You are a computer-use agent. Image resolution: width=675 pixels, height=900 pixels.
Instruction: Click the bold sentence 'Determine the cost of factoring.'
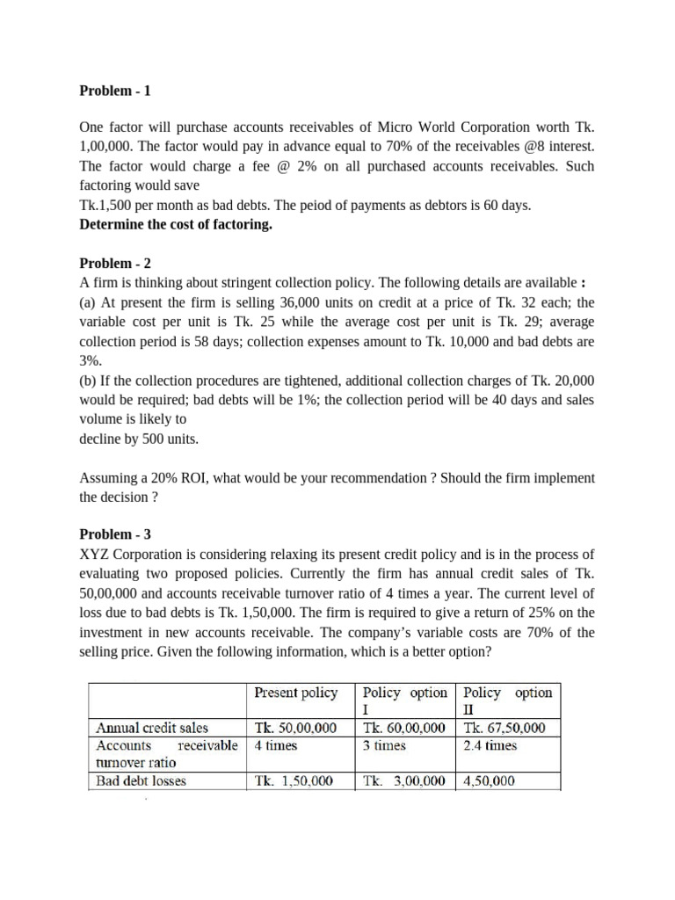click(176, 224)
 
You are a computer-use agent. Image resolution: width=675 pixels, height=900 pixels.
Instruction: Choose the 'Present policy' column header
click(295, 693)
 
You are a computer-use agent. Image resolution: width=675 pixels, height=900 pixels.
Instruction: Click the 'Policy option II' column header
click(507, 700)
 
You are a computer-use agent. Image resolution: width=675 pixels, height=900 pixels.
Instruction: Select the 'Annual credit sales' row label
click(152, 727)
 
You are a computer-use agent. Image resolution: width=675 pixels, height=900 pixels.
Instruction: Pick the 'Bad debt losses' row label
click(141, 780)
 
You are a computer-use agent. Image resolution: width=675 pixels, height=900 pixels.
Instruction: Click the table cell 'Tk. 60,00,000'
click(403, 727)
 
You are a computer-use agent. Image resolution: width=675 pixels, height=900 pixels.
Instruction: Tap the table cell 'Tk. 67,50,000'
click(504, 727)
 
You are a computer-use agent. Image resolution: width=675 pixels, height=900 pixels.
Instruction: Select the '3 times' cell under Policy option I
click(384, 745)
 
